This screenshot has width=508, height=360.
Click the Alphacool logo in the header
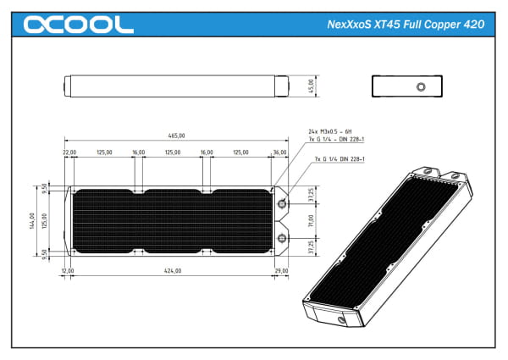[79, 25]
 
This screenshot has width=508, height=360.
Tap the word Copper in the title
[438, 25]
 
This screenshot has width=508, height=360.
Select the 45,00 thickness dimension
[311, 86]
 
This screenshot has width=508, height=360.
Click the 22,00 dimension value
[69, 152]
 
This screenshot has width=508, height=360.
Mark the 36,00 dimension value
[279, 152]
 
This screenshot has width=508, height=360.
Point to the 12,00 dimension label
[68, 271]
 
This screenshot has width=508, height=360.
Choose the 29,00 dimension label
[281, 271]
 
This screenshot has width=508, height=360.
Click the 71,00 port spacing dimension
[311, 220]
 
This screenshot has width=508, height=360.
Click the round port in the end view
[420, 86]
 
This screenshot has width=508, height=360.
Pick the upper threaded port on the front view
[281, 204]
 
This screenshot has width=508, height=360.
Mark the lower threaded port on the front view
[281, 236]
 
